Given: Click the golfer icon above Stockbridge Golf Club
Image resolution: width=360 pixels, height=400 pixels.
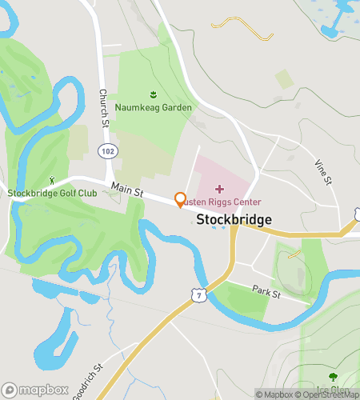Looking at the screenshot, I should (x=53, y=182).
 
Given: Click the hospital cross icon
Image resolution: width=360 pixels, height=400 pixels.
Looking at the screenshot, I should (x=221, y=189).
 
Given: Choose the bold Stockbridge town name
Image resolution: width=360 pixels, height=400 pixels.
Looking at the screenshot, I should (x=234, y=220).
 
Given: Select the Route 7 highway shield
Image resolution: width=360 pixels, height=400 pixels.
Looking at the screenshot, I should (x=198, y=296).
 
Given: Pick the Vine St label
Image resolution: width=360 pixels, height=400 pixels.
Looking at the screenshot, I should (x=323, y=171).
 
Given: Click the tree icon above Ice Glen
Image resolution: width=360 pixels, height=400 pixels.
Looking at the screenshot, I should (x=332, y=377).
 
